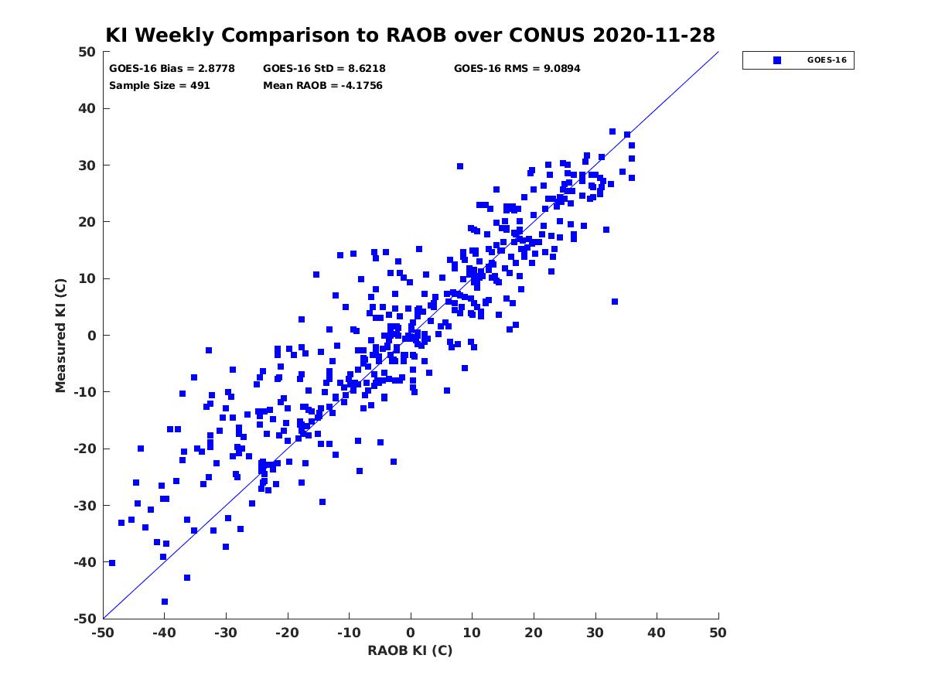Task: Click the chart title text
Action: [410, 35]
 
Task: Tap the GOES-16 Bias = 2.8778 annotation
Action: [172, 69]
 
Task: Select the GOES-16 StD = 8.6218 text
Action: [324, 69]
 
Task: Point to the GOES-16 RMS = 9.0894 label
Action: [517, 69]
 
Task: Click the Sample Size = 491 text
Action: [159, 86]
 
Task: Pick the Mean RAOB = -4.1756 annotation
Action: [322, 86]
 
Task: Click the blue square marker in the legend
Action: [777, 60]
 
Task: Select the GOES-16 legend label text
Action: [827, 60]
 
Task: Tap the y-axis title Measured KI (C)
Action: [60, 335]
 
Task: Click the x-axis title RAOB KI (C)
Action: [410, 650]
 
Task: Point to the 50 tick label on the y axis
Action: [87, 52]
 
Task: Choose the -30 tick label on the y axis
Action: [85, 506]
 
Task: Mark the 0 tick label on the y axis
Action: [92, 336]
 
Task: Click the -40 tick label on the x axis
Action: [164, 633]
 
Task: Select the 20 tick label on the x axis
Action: [534, 633]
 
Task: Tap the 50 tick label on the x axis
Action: [718, 633]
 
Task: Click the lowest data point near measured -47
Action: [165, 602]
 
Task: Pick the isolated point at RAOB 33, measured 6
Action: [615, 302]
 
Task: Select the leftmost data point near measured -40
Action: [112, 563]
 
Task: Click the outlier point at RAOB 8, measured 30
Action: [460, 166]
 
